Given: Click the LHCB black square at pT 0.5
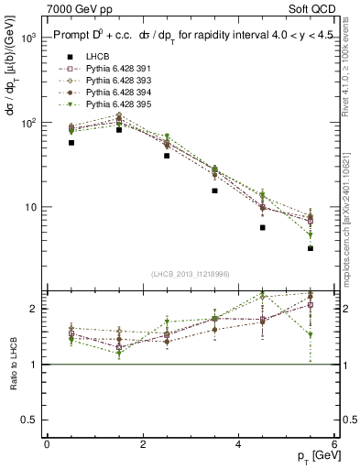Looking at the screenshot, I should tap(71, 143).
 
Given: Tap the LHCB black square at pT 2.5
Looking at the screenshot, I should tap(167, 156).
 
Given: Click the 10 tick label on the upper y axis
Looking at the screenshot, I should tap(29, 207).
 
